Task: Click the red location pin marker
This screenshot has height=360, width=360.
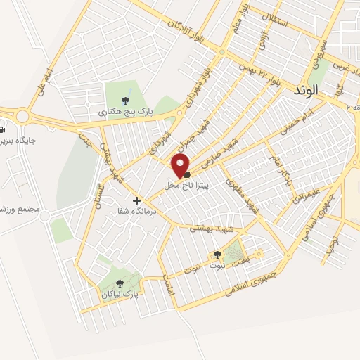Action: pyautogui.click(x=181, y=166)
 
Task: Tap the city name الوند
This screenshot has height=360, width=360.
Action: pyautogui.click(x=323, y=91)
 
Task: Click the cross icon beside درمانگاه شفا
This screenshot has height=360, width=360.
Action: pyautogui.click(x=137, y=200)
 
